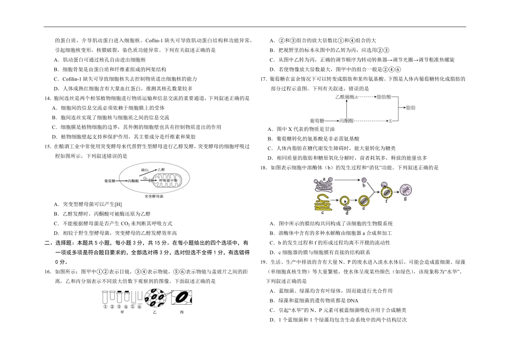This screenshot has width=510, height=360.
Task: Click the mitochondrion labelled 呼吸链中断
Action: [x=174, y=181]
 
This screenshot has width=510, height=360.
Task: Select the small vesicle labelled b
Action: [x=365, y=184]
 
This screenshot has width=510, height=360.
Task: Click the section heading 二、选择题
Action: [x=56, y=244]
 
